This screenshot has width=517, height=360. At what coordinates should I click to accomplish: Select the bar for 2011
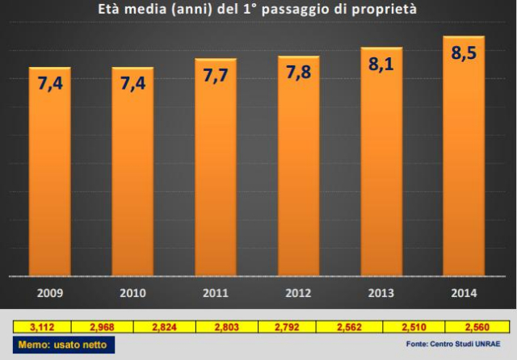pos(215,170)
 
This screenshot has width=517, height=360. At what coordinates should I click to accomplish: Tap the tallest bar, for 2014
pos(463,157)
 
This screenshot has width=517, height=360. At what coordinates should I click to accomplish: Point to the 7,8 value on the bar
pos(298,73)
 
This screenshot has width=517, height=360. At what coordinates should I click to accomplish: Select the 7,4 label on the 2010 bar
pos(132,83)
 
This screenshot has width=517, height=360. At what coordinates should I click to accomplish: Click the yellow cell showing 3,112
pos(41,326)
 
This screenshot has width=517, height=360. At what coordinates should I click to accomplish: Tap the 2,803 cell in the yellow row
pos(225,326)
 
